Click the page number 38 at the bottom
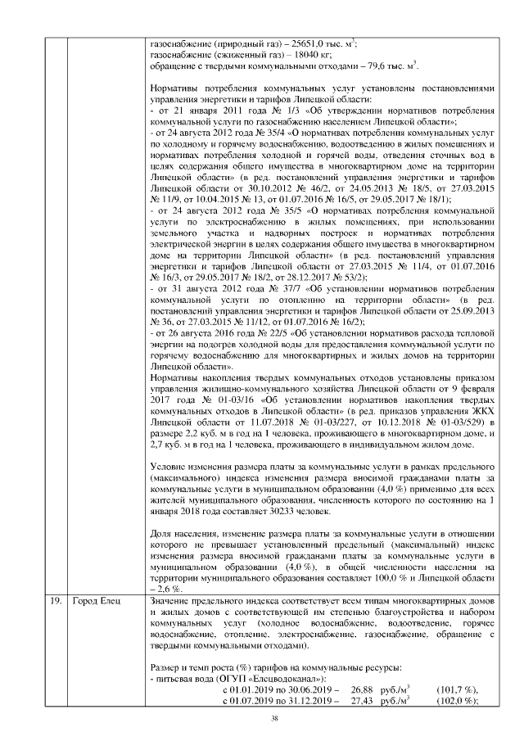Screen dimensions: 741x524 (x=262, y=719)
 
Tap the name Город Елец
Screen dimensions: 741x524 (x=96, y=603)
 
